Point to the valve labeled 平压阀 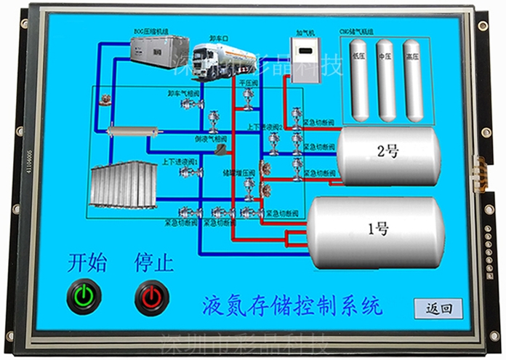(x=249, y=97)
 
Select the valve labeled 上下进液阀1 (x=190, y=172)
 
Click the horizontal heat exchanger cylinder (x=132, y=132)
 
